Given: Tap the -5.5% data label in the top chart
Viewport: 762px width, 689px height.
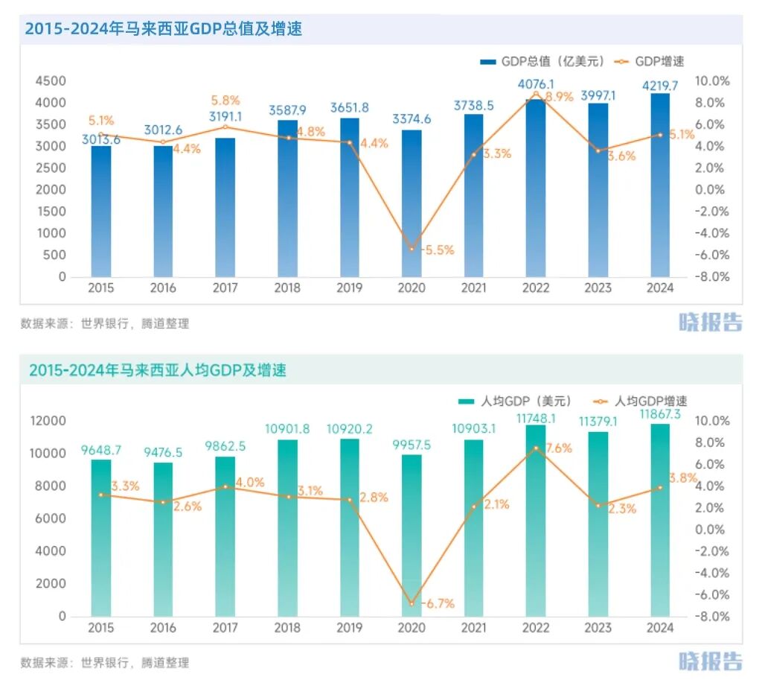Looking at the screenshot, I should [x=438, y=250].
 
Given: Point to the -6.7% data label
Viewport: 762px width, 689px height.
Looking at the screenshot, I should [x=438, y=603].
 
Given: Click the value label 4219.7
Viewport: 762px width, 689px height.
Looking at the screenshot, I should [x=660, y=85].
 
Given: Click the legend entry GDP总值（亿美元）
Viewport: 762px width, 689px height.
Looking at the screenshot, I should [x=542, y=61].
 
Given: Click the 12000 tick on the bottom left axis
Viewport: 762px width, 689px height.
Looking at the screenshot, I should [x=48, y=421].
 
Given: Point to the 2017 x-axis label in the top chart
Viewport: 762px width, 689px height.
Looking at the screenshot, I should [x=225, y=288].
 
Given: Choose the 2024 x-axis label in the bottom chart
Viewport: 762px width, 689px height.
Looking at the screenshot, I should [x=660, y=628].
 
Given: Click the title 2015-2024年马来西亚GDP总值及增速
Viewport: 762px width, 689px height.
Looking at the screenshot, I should [x=163, y=29].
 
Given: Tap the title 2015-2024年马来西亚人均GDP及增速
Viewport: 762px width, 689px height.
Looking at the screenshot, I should [x=158, y=369].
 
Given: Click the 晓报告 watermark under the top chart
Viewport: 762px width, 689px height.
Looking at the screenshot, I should [x=710, y=322].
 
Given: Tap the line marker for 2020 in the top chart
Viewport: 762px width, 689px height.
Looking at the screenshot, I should [x=412, y=249].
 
